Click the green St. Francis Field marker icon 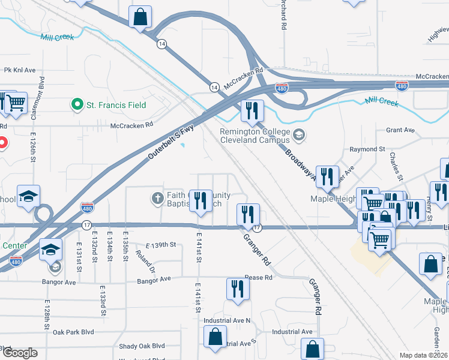coord(77,105)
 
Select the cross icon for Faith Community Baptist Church coord(158,199)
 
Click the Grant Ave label coord(400,130)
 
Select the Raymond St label coord(367,149)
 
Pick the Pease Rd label coord(259,278)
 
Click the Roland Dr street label coord(144,262)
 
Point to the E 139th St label coord(160,245)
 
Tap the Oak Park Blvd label coord(73,332)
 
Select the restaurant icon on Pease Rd coord(238,289)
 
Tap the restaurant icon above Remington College coord(252,110)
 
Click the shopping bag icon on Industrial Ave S coord(215,337)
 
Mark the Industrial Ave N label coord(226,320)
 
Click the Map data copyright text coord(424,355)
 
